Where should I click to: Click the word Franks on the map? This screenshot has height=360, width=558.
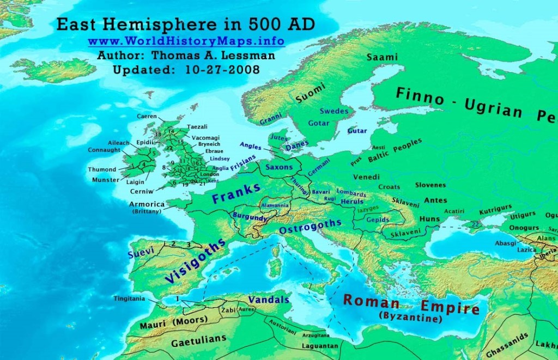point(236,193)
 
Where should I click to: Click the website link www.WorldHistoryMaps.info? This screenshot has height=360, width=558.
point(186,41)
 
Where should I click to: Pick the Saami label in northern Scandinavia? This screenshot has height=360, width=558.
point(383,57)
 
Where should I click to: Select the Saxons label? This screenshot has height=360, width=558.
point(280,167)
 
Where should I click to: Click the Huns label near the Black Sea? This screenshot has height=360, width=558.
point(430,219)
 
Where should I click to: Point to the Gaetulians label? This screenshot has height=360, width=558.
point(198,339)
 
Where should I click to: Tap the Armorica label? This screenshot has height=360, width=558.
point(147,204)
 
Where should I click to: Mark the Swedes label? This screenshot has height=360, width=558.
point(333,111)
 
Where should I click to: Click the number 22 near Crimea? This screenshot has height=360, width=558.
point(475,224)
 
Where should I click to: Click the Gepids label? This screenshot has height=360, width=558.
point(379,219)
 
